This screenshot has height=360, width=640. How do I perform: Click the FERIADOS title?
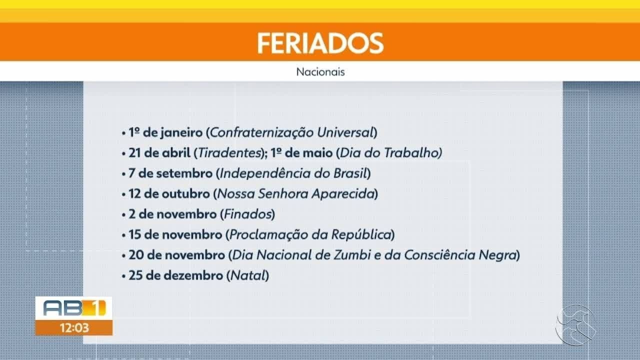click(320, 43)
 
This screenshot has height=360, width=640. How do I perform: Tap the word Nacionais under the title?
click(320, 72)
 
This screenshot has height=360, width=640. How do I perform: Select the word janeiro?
click(181, 133)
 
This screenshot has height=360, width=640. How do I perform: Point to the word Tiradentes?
click(229, 153)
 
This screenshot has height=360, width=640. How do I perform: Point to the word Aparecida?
click(343, 194)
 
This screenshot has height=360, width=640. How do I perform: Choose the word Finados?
click(247, 214)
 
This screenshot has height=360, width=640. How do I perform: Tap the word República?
click(361, 235)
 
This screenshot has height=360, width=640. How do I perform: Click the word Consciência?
click(439, 255)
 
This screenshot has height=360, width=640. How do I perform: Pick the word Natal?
click(248, 276)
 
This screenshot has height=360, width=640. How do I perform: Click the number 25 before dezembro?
click(136, 276)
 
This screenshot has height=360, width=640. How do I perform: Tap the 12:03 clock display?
click(74, 328)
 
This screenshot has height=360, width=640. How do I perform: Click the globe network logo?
click(575, 325)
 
